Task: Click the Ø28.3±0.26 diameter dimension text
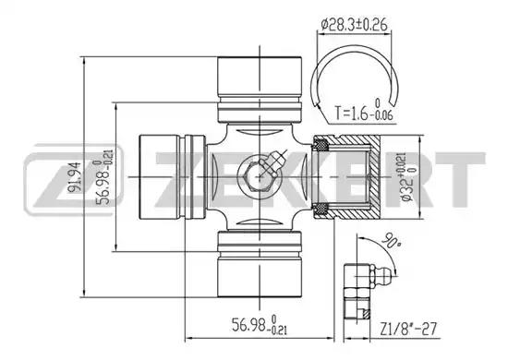pyautogui.click(x=354, y=24)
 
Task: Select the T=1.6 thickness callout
pyautogui.click(x=363, y=111)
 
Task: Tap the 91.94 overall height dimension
pyautogui.click(x=74, y=177)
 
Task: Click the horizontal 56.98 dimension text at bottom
pyautogui.click(x=260, y=325)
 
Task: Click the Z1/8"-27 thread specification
pyautogui.click(x=408, y=329)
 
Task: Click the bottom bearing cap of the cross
pyautogui.click(x=260, y=264)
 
